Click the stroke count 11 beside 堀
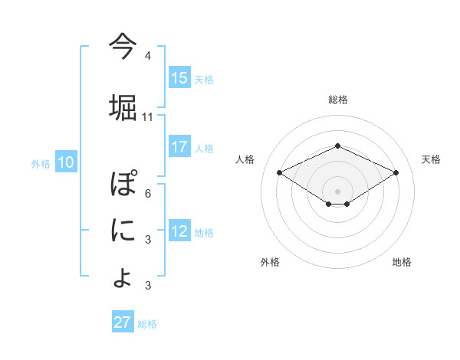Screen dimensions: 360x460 coord(148,117)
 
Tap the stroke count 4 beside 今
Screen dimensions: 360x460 coord(148,56)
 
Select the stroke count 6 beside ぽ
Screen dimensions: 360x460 coord(148,193)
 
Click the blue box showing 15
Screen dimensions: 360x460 coord(179,78)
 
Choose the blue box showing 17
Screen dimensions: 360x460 coord(179,147)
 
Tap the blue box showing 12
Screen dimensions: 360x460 coord(179,232)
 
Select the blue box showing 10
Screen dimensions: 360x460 coord(65,162)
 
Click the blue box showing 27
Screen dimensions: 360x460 coord(123,322)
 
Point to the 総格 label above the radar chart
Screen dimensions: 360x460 coord(337,100)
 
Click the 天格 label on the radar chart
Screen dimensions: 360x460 coord(431,159)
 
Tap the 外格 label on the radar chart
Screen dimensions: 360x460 coord(270,263)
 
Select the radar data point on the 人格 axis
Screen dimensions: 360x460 coord(279,172)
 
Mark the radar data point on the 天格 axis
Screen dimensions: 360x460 coord(396,172)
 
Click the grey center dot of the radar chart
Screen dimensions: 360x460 coord(337,191)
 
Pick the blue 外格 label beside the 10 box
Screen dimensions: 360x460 coord(41,163)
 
